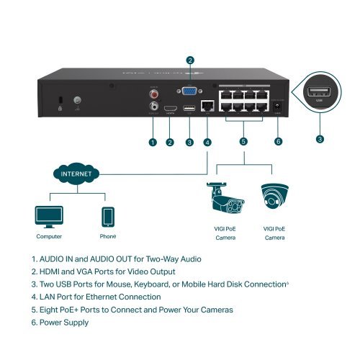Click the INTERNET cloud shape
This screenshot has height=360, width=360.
point(76,174)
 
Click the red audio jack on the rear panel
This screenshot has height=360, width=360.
point(153,94)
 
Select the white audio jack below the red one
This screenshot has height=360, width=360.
point(153,105)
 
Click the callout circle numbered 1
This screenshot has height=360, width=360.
point(153,142)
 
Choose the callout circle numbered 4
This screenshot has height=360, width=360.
point(207,142)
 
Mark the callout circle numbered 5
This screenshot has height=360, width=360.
point(243,142)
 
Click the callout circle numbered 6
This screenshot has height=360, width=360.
point(278,142)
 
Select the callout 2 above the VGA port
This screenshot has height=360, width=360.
point(190,60)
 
